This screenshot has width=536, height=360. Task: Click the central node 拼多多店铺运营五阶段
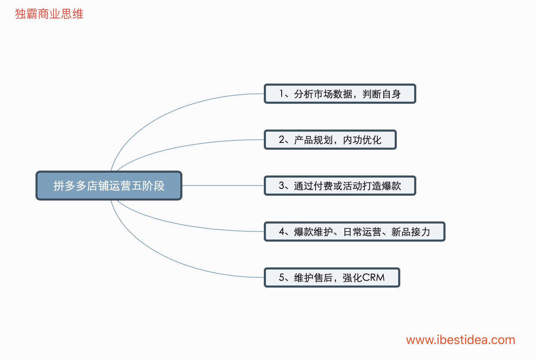point(109,186)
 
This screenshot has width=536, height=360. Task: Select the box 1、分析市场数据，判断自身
point(340,94)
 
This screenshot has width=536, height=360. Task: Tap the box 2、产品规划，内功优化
point(330,140)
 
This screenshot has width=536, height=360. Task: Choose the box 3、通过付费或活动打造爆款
point(340,186)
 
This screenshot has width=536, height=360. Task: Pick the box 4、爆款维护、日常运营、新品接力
point(354,232)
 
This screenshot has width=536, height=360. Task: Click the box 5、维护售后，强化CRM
point(332,277)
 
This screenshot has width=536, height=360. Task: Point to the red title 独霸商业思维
point(49,14)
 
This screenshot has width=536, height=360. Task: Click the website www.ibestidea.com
point(460,340)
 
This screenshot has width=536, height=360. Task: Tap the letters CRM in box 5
point(373,277)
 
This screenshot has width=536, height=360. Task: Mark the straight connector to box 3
point(223,186)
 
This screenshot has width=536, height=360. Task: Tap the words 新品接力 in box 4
point(411,232)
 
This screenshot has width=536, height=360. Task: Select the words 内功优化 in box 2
point(362,140)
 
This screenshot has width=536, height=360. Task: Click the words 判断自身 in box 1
point(382,94)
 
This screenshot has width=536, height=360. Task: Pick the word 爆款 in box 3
point(391,186)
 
